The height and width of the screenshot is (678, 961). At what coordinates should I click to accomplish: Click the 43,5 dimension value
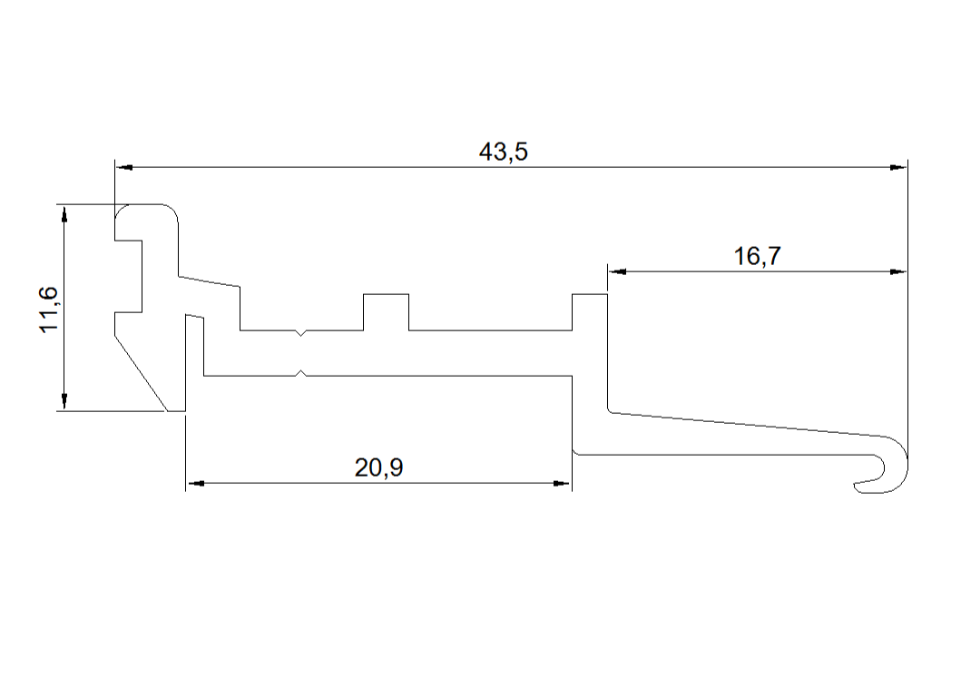[503, 151]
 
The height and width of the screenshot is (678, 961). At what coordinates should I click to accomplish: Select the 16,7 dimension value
[758, 256]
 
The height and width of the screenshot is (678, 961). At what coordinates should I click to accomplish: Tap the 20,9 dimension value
[378, 467]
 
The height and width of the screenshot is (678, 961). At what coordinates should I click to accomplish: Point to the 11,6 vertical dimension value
[49, 310]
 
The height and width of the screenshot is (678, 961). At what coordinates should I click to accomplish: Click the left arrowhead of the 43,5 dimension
[123, 167]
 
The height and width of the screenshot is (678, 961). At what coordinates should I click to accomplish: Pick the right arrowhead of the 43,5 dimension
[898, 167]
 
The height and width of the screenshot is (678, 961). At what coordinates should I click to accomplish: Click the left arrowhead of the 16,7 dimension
[616, 271]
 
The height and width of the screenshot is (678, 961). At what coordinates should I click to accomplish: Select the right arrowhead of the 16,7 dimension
[898, 271]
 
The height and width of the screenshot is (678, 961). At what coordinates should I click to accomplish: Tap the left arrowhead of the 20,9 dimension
[195, 484]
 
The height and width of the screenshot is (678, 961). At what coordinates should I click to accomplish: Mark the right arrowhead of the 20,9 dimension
[562, 484]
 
